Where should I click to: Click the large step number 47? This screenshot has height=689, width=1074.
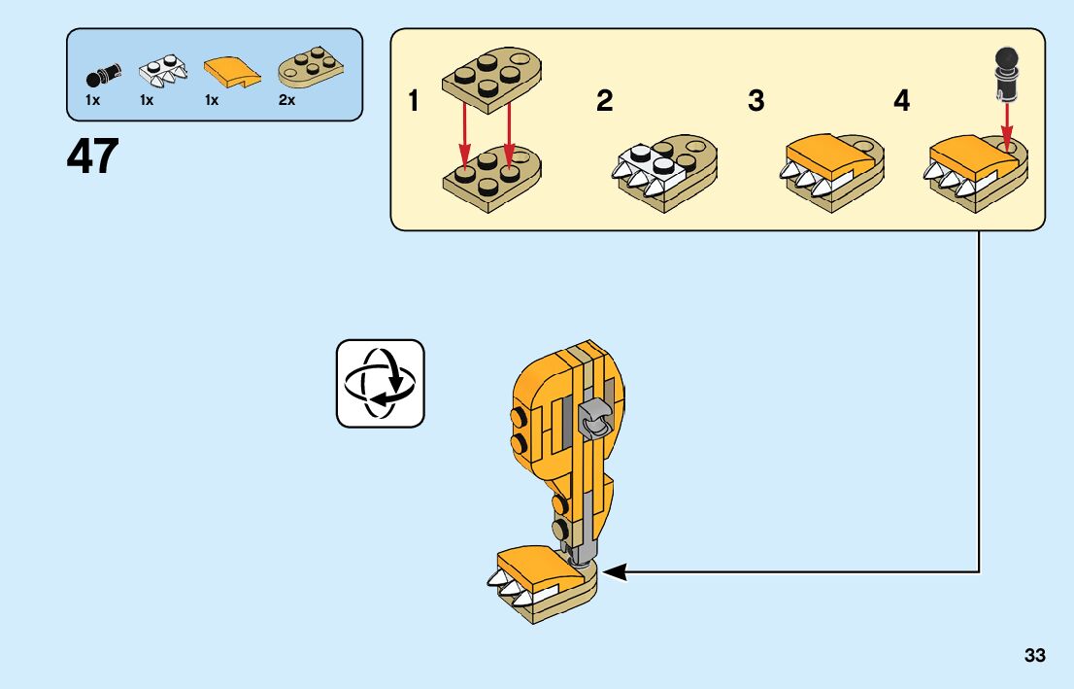(93, 156)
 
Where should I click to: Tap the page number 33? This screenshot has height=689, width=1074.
(1034, 656)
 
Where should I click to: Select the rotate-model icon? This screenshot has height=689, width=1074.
(381, 383)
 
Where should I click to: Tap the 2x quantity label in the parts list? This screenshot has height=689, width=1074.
(286, 100)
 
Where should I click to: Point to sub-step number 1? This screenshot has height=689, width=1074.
(414, 101)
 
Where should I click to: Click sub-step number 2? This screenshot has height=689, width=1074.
(604, 101)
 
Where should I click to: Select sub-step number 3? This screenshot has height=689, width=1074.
(755, 101)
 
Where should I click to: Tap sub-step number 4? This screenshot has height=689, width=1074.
(902, 101)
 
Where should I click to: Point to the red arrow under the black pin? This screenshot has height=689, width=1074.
(1006, 122)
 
